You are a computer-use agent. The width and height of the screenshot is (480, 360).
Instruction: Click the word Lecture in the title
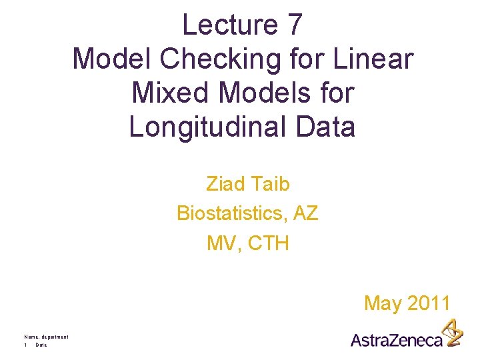tap(223, 25)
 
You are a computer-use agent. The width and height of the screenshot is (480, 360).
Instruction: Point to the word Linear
tap(377, 59)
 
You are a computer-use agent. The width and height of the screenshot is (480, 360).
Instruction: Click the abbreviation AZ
tap(305, 213)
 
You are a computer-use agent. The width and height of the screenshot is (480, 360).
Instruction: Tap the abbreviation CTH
tap(269, 243)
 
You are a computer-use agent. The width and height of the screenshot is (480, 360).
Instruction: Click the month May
tap(383, 304)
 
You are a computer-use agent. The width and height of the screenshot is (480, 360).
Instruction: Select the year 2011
tap(429, 303)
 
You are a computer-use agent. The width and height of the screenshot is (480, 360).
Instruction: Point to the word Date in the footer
tap(41, 345)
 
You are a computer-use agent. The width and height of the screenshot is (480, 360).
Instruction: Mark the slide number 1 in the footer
tap(25, 345)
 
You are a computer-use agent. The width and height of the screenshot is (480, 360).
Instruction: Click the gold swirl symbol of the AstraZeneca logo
tap(453, 331)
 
